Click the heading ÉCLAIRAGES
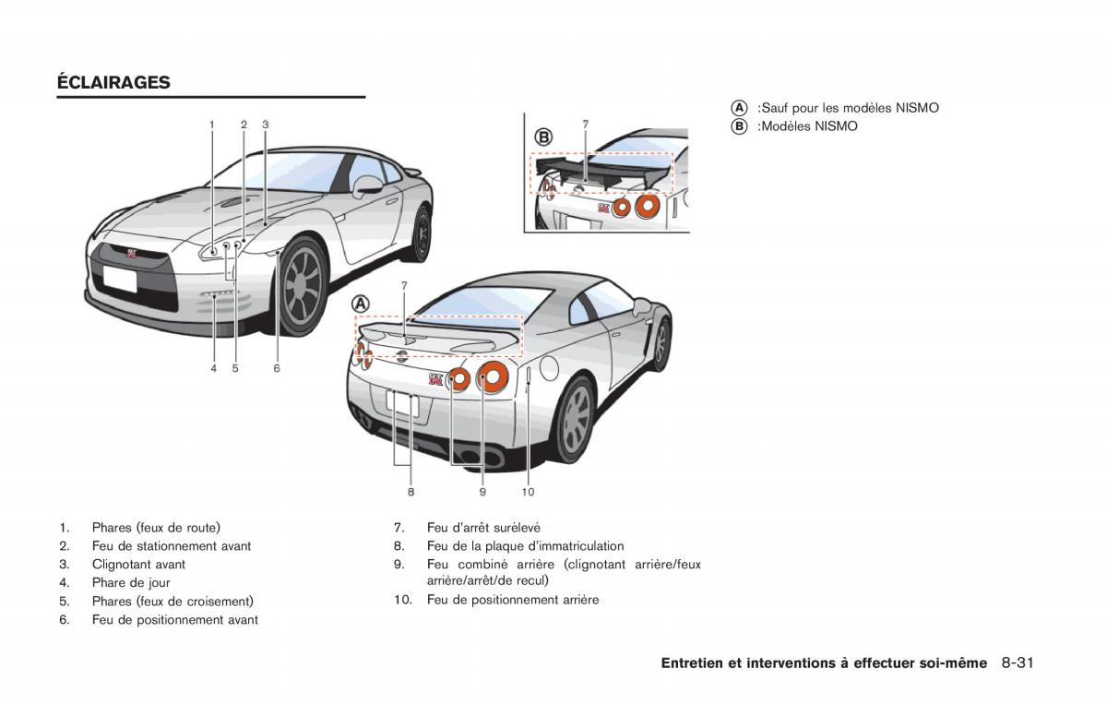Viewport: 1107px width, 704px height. tap(113, 82)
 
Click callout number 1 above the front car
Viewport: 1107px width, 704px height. tap(211, 124)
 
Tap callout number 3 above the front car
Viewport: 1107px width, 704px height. tap(265, 124)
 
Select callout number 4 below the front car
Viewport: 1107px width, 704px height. tap(213, 368)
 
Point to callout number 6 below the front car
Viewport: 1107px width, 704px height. tap(277, 368)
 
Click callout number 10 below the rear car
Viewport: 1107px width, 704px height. tap(528, 492)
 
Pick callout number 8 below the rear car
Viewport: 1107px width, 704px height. tap(411, 492)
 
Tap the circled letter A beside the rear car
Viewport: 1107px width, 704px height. tap(361, 304)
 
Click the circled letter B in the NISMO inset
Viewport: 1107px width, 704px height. tap(543, 137)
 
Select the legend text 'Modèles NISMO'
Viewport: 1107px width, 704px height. tap(808, 126)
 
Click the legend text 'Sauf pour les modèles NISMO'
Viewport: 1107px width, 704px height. tap(849, 108)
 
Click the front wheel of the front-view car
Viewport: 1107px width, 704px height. tap(303, 285)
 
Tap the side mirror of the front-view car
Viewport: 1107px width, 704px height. tap(367, 184)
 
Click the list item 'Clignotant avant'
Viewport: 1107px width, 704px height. tap(138, 565)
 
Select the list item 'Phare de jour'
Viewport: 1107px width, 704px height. tap(131, 583)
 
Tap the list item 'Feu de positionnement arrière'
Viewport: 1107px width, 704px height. tap(512, 600)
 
